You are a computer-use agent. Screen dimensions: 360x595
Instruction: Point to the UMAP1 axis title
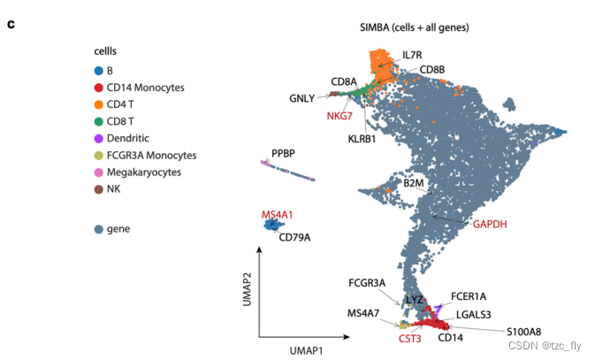[301, 351]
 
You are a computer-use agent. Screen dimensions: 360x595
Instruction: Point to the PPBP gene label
[283, 152]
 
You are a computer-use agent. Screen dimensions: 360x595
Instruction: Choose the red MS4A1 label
[277, 214]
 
